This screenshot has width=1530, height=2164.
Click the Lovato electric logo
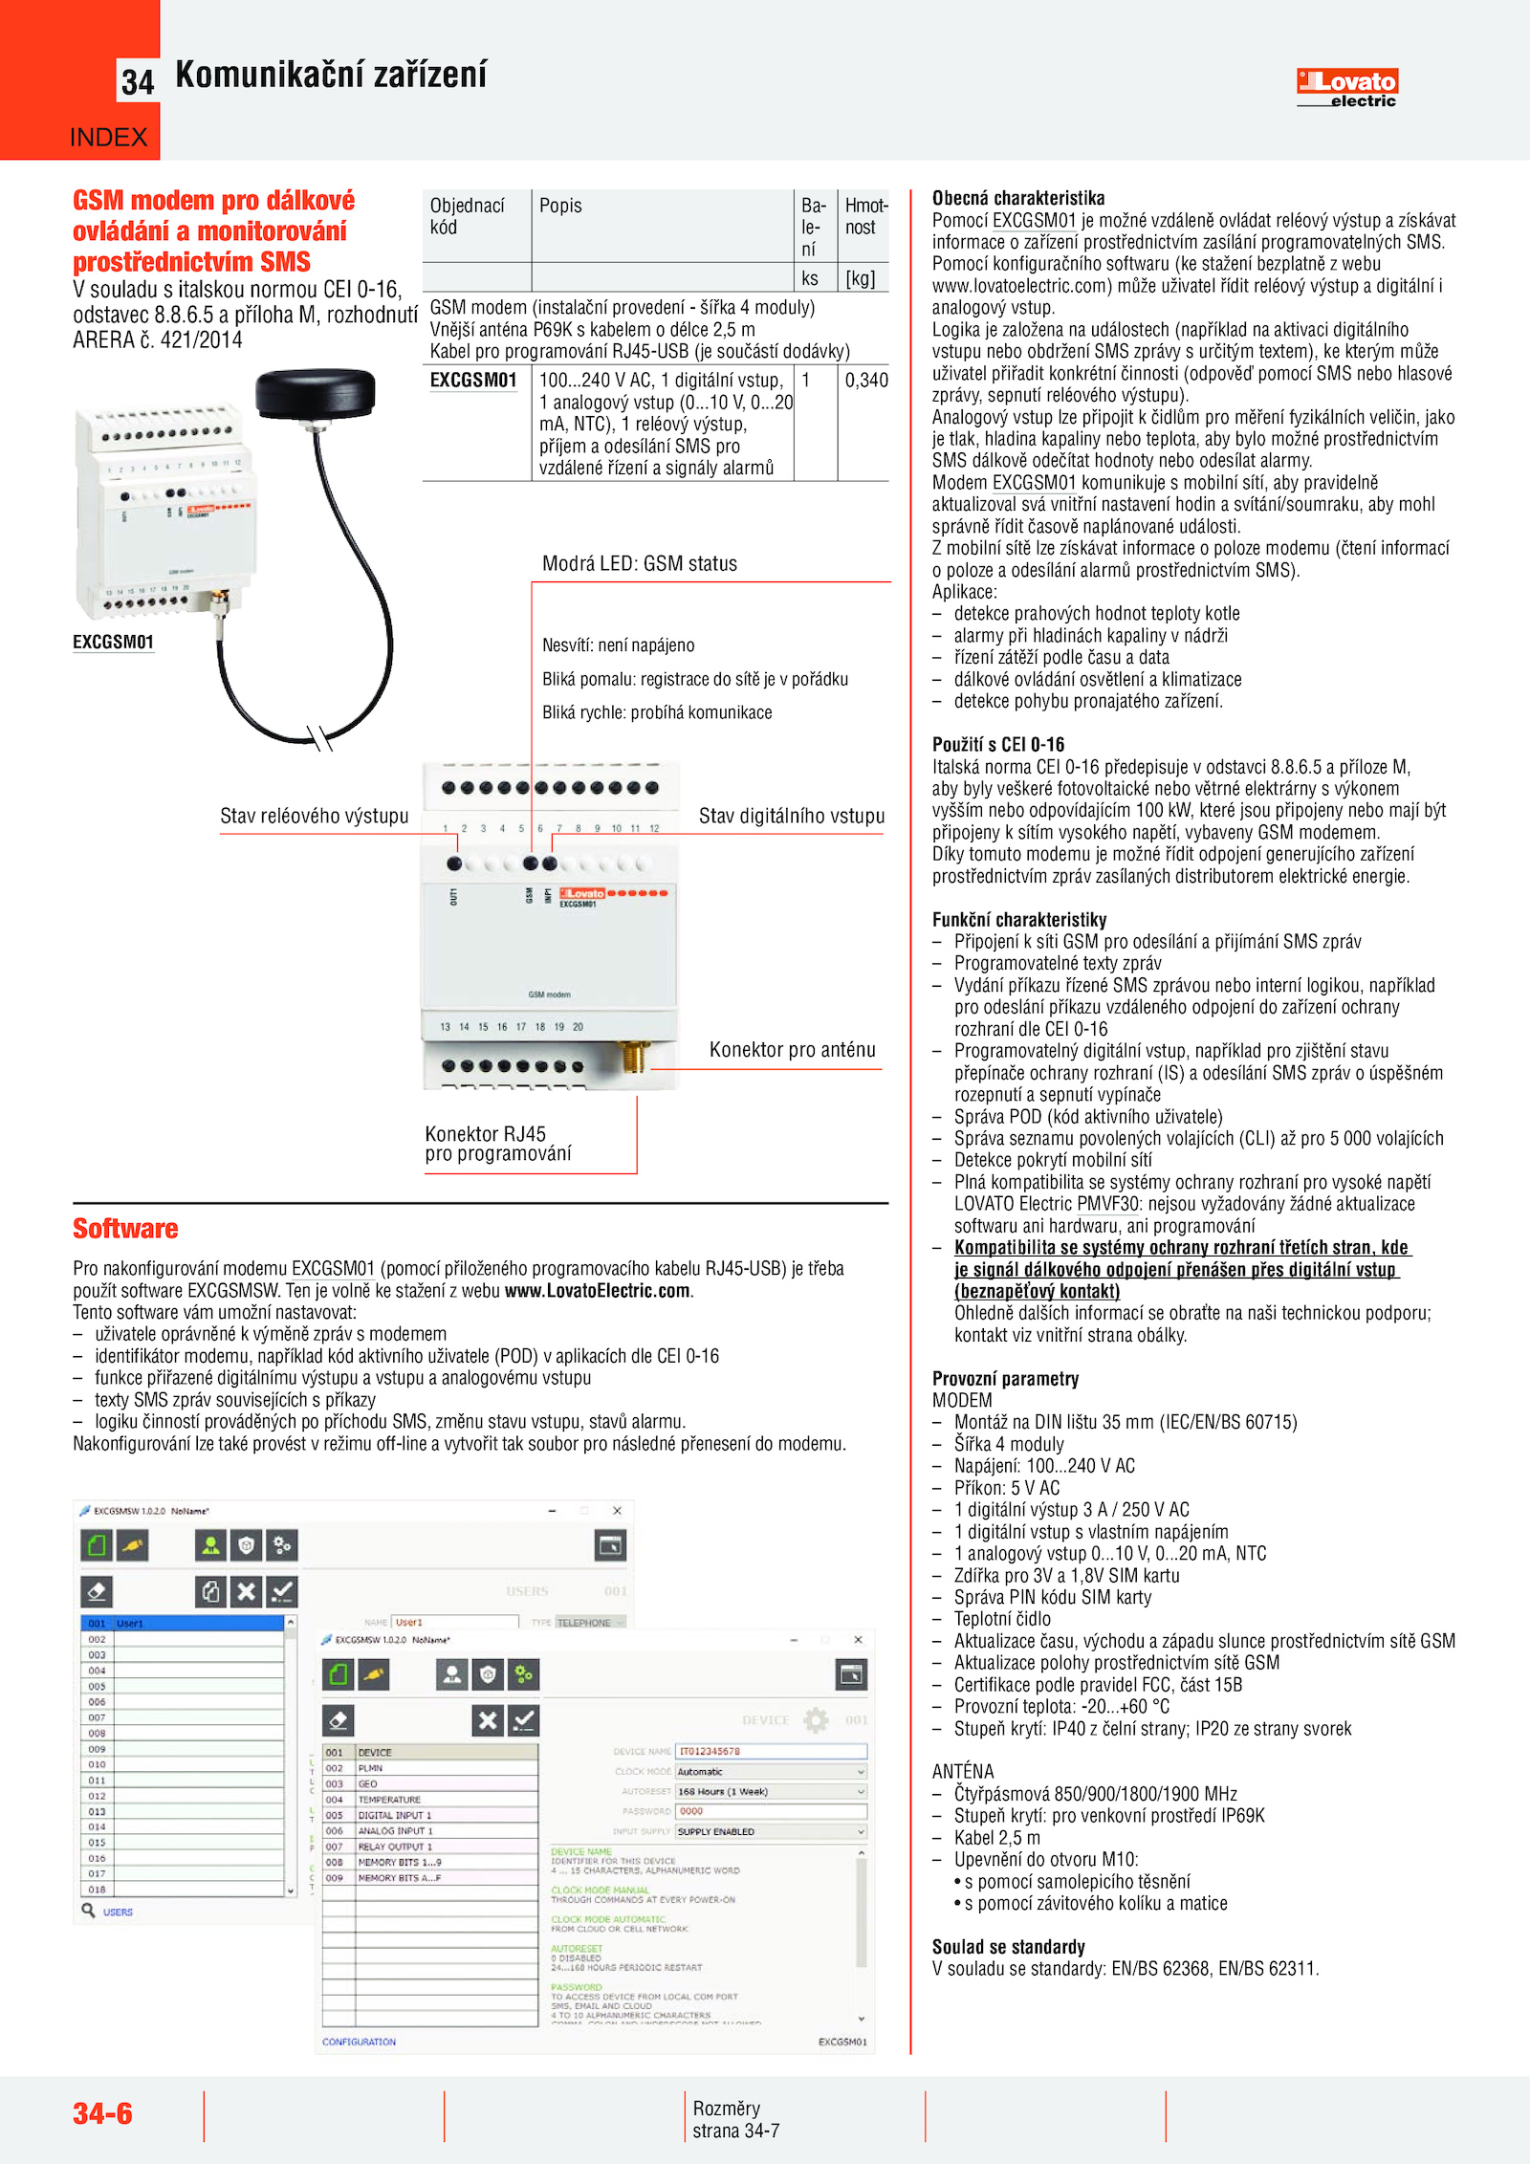1346,87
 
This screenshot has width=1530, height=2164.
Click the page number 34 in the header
138,83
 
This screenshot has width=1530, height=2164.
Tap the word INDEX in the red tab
109,138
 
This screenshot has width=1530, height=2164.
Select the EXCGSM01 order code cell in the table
473,381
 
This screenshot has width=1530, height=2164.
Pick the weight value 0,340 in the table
866,381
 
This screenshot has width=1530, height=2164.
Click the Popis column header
560,206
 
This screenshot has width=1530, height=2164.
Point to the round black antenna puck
316,393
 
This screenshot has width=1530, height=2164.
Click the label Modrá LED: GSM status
639,564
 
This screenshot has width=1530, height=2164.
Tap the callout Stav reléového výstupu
314,816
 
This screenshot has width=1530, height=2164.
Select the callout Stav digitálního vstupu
791,816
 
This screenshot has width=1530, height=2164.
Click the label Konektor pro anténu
792,1050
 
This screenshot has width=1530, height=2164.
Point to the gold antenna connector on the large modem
633,1058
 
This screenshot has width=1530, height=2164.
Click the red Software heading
125,1229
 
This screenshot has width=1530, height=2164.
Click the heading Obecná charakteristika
1018,198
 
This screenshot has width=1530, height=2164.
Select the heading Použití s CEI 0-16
997,745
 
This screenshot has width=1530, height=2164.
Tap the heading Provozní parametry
1005,1379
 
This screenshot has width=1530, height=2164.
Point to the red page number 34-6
102,2113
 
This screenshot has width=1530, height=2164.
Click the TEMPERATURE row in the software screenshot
389,1800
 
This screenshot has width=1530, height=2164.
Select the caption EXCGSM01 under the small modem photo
113,643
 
